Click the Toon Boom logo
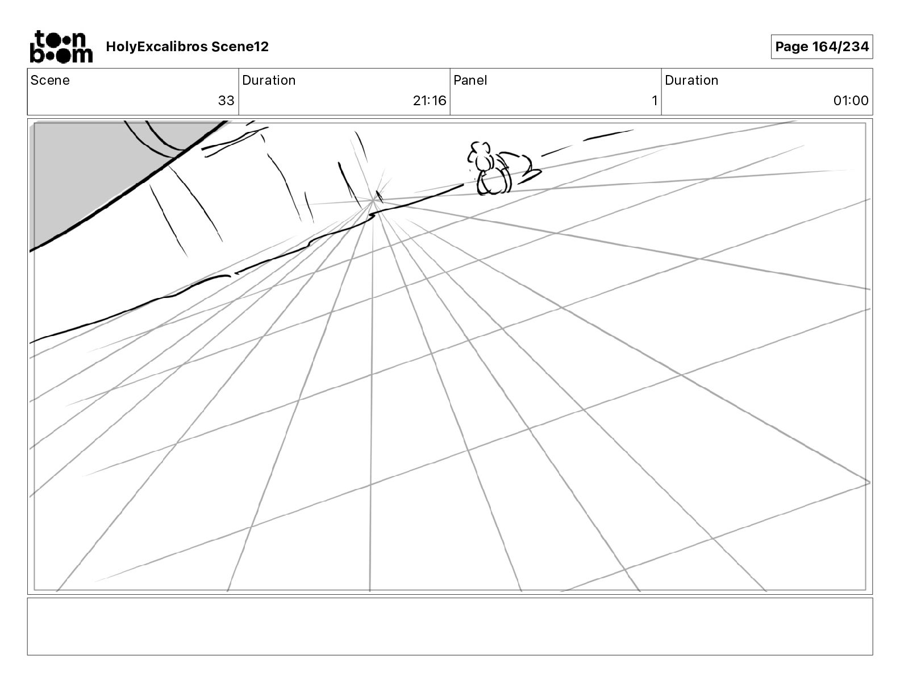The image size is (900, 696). point(61,47)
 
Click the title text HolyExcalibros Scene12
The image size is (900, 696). point(187,47)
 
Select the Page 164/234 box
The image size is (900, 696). point(822,47)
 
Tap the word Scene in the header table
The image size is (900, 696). point(50,80)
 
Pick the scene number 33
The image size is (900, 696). point(226,101)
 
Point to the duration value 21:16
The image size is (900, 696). point(429,101)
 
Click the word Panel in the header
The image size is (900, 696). point(470,80)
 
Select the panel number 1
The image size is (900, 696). point(654,101)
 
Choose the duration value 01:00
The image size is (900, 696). point(851,101)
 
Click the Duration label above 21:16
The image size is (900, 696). point(269,80)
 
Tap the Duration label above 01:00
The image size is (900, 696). point(691,80)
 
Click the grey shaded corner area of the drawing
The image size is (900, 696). point(85,171)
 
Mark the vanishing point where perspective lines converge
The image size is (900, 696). point(373,200)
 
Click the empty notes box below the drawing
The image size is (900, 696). point(449,626)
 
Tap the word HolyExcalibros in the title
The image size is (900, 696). point(157,47)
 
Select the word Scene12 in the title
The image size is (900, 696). point(240,47)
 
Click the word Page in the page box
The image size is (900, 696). point(791,47)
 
